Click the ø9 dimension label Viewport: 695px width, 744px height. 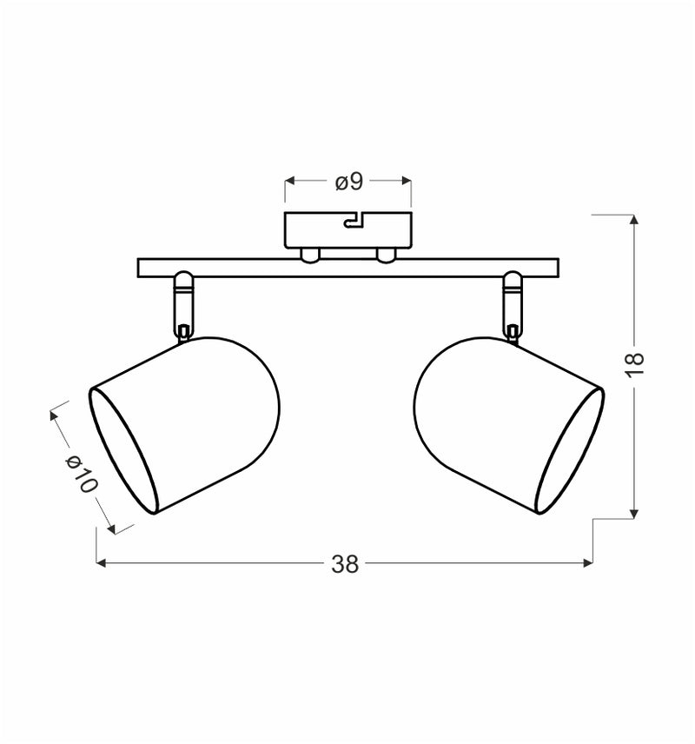(348, 182)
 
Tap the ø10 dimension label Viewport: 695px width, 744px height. (82, 475)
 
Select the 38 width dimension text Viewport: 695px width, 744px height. (345, 564)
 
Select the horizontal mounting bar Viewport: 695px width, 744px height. (347, 268)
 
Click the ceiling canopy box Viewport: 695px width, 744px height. (347, 228)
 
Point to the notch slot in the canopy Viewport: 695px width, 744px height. (354, 222)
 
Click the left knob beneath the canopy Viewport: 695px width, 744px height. (308, 254)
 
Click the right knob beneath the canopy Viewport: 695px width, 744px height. (386, 254)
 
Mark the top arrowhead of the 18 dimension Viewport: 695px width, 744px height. (634, 218)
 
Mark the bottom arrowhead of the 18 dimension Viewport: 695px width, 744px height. (634, 514)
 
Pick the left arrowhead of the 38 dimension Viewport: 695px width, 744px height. (101, 563)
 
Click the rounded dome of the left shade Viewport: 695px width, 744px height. (252, 400)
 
